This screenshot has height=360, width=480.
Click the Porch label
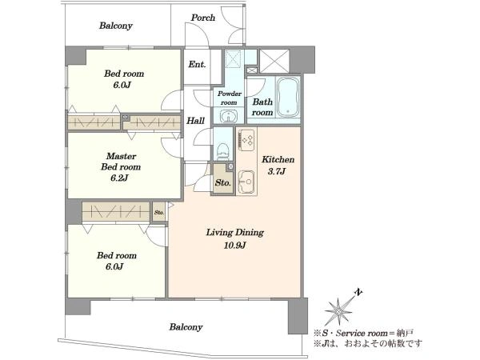click(203, 18)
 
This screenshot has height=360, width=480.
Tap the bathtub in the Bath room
click(288, 97)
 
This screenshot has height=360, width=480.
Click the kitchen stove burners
click(246, 140)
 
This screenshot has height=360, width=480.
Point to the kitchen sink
click(246, 182)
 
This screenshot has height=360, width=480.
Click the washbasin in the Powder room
click(228, 117)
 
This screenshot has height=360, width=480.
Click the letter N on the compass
click(358, 293)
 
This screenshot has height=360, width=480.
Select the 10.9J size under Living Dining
click(235, 245)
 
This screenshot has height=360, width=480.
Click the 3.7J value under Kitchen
click(277, 171)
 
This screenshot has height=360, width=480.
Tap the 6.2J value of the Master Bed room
click(119, 178)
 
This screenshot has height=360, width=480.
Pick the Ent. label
click(197, 65)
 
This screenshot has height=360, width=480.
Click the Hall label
click(196, 121)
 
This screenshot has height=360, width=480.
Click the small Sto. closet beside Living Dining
click(159, 211)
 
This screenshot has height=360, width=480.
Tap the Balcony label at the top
click(116, 26)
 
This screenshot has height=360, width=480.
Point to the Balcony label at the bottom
click(186, 327)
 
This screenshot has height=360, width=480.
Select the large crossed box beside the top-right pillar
click(274, 61)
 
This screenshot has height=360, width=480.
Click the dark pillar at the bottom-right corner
click(298, 316)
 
